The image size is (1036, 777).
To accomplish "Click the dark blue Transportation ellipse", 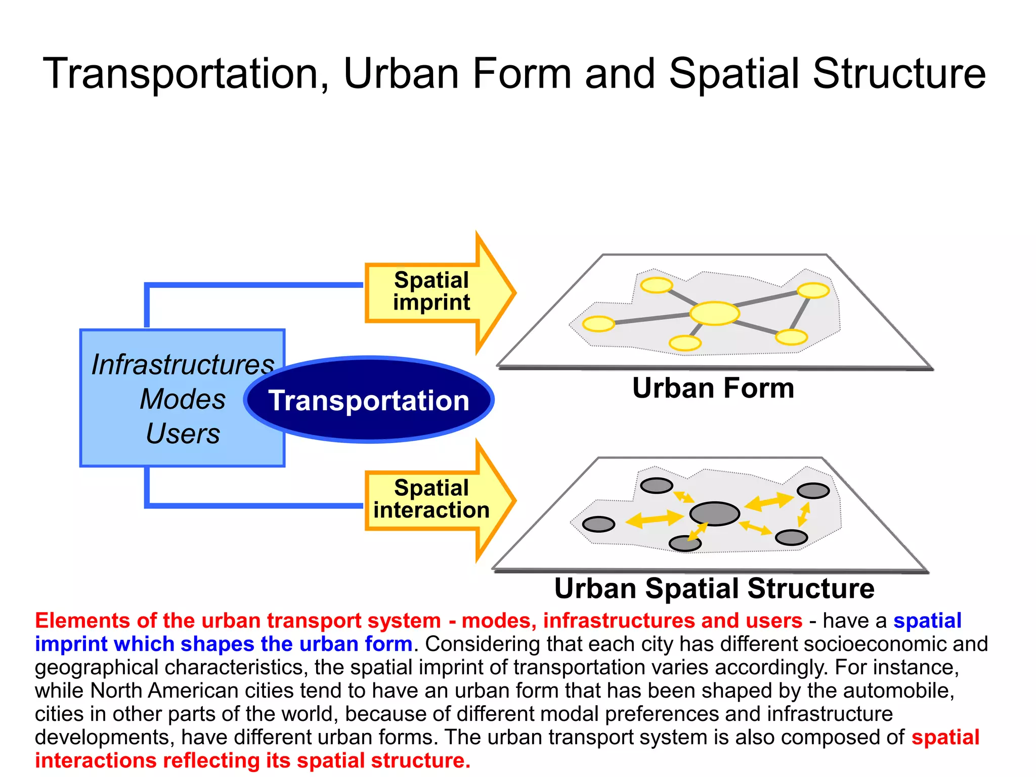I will [x=369, y=400].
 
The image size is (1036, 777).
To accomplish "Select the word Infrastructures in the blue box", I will [x=183, y=365].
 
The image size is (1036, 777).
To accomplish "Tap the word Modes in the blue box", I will [x=183, y=399].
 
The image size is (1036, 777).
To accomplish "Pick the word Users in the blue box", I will [x=183, y=434].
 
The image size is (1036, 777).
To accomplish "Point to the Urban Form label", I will [x=713, y=388].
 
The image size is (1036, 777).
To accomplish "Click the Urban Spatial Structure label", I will [x=714, y=588].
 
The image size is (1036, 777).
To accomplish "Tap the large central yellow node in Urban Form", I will [x=714, y=313].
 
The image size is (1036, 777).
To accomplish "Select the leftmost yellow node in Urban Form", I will [x=598, y=324].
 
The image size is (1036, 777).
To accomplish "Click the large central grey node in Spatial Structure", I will [x=714, y=514].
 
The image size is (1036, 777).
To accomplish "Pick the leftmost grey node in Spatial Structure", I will [x=598, y=524].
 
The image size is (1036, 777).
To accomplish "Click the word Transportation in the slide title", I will [x=186, y=74].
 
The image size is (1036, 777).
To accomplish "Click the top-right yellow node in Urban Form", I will [x=813, y=290].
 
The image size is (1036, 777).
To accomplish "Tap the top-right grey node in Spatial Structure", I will [x=813, y=491].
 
